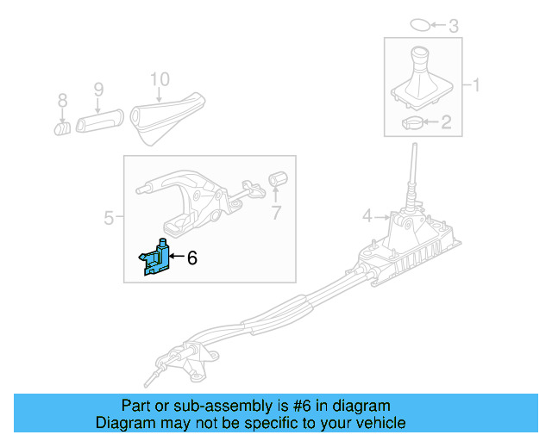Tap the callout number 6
pos(192,257)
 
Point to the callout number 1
pos(474,85)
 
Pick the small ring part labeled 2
pos(413,124)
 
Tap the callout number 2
pos(446,123)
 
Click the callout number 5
pos(109,218)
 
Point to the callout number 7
pos(276,213)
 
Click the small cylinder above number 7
pos(278,178)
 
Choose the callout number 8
pos(62,102)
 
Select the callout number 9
pos(98,89)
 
